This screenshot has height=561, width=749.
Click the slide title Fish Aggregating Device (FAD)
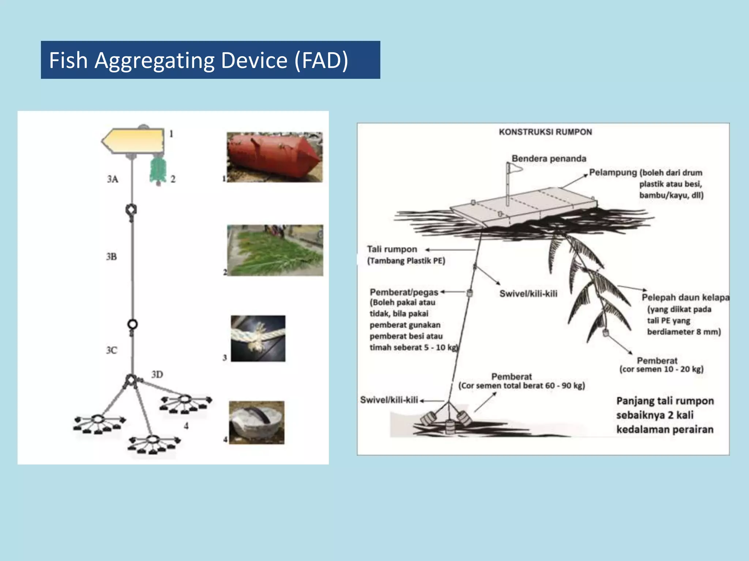(199, 60)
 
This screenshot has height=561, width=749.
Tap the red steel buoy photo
(274, 157)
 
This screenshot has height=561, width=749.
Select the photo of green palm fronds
(275, 251)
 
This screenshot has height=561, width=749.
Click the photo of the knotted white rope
(258, 339)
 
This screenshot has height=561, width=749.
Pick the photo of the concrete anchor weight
(256, 423)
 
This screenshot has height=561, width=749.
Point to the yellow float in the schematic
(133, 141)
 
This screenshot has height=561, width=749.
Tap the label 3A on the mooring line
(113, 179)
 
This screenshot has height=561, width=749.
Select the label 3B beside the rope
(112, 257)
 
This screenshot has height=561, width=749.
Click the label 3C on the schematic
(112, 350)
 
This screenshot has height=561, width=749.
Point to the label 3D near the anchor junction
(157, 374)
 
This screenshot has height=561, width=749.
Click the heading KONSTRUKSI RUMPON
(545, 132)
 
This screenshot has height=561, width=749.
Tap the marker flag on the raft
(514, 168)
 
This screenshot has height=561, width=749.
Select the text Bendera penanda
(549, 159)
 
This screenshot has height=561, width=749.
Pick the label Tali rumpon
(392, 249)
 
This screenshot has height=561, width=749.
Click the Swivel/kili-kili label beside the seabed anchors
(389, 400)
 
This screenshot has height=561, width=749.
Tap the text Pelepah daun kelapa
(685, 297)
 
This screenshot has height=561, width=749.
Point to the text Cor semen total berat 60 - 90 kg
(522, 386)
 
